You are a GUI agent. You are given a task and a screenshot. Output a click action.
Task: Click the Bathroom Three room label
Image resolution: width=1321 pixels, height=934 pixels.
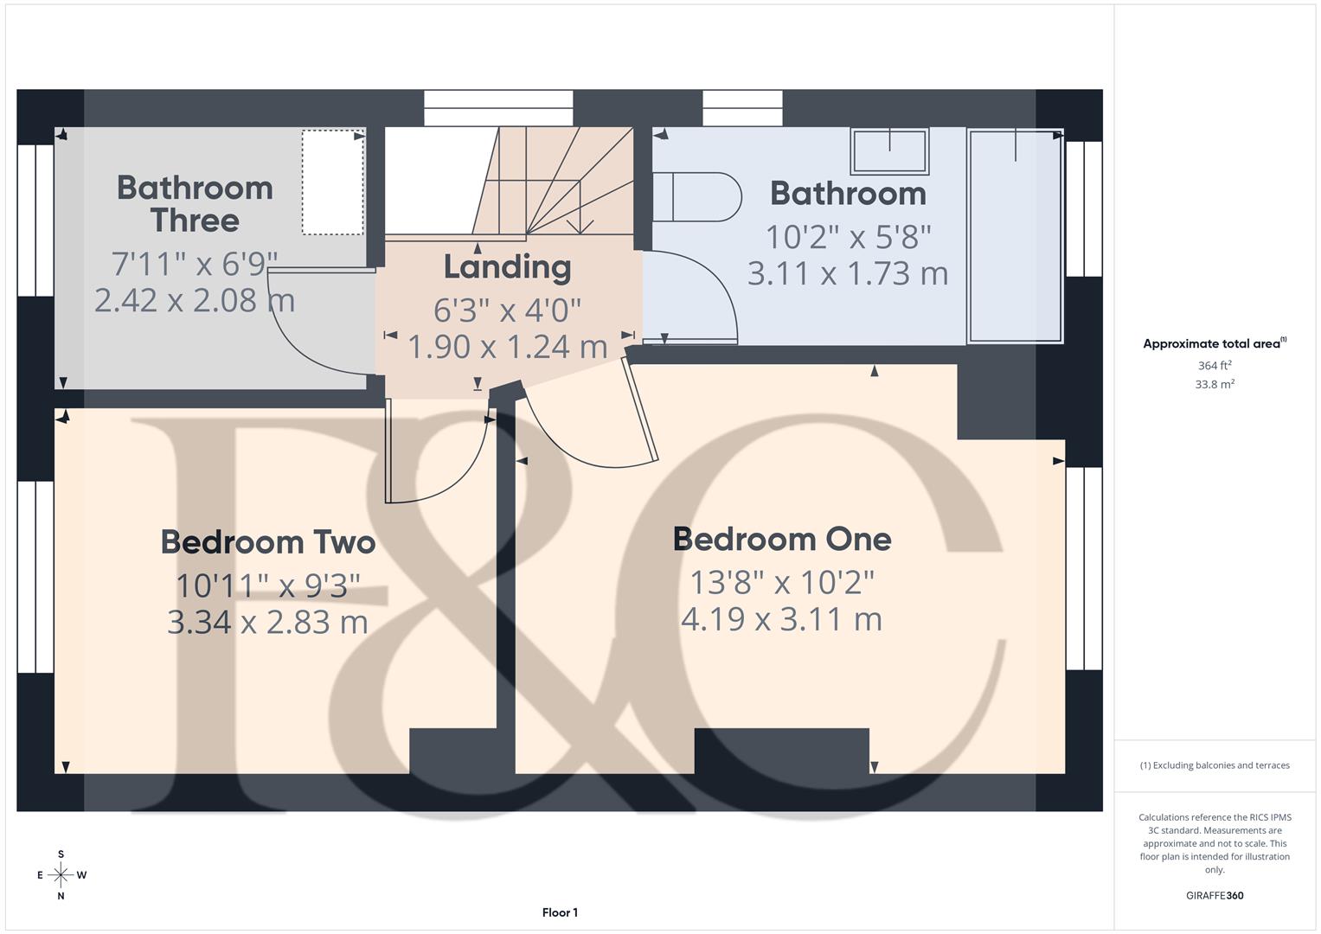click(195, 204)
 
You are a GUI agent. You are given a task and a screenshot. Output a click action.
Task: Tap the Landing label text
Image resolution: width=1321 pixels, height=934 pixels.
click(507, 267)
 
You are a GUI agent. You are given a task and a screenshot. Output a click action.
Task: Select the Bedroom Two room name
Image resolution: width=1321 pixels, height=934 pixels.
click(268, 542)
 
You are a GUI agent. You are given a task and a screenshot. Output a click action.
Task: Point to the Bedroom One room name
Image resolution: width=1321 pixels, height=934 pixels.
click(782, 539)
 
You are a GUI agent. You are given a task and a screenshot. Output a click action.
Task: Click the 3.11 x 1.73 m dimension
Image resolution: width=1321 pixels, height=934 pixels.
click(848, 274)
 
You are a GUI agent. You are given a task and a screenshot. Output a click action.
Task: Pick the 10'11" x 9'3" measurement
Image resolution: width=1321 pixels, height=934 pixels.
click(268, 585)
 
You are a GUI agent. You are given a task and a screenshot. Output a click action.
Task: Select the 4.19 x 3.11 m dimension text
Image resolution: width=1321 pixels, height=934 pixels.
click(782, 619)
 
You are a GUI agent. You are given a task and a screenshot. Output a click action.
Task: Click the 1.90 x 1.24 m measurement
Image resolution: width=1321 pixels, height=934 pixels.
click(507, 347)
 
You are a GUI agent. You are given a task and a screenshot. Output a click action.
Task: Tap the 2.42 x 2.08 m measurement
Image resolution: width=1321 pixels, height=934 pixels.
click(195, 300)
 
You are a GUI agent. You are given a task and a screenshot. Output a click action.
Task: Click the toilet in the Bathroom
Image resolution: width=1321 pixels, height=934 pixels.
click(696, 197)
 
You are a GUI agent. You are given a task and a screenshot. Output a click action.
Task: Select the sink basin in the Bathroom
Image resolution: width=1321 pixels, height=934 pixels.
click(890, 151)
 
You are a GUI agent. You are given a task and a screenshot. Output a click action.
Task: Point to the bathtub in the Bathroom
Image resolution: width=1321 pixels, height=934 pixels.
click(1015, 235)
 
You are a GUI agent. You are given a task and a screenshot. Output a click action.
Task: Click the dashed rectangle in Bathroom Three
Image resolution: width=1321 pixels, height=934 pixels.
click(333, 182)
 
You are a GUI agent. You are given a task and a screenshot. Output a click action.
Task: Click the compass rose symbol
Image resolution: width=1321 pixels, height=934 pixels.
click(61, 875)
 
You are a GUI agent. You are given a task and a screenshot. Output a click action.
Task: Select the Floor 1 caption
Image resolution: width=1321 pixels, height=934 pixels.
click(560, 912)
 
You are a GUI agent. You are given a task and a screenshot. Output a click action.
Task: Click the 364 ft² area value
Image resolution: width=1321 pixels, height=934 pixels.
click(1215, 366)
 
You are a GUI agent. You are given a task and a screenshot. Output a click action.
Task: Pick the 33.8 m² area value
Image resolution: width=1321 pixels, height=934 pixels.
click(1215, 385)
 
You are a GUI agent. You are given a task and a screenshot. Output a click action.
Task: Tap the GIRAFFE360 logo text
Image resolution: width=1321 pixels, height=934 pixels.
click(1215, 895)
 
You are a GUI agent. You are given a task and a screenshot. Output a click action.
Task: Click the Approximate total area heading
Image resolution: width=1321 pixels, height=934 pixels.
click(1213, 343)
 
